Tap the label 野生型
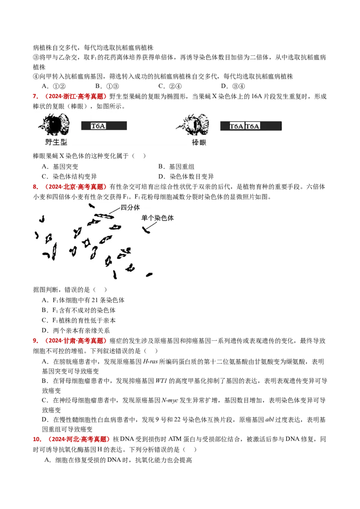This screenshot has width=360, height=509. (x=56, y=143)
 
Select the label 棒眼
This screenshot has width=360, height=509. (x=198, y=143)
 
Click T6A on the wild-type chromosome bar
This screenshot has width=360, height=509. (x=98, y=126)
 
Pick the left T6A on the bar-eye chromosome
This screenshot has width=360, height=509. (x=236, y=126)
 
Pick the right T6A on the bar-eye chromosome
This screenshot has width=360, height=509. (x=252, y=126)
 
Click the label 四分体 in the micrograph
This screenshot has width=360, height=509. (x=130, y=208)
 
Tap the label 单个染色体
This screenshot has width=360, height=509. (x=157, y=218)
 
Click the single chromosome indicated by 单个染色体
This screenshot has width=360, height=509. (x=146, y=231)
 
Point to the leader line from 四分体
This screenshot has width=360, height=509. (x=115, y=211)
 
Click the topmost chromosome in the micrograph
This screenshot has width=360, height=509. (x=91, y=205)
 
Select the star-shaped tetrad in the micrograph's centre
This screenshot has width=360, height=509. (x=86, y=242)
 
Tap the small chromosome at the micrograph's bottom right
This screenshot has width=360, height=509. (x=149, y=274)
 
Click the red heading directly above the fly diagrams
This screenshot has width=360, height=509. (x=70, y=97)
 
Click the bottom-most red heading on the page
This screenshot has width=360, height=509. (x=72, y=439)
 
